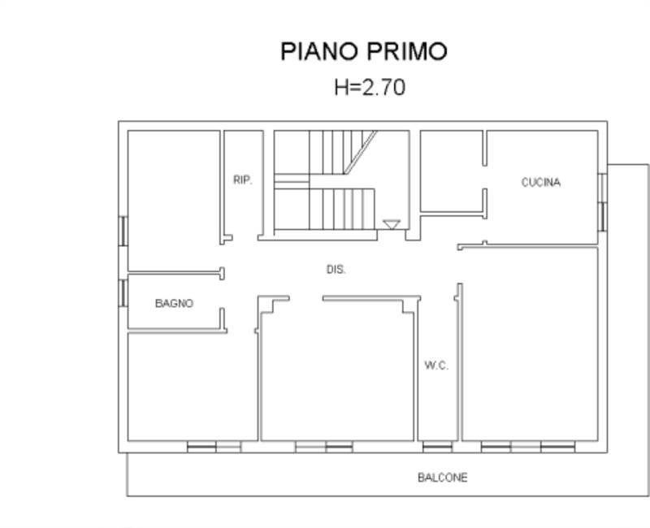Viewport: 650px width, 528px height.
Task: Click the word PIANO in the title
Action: [x=318, y=51]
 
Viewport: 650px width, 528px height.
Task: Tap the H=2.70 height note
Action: [x=369, y=87]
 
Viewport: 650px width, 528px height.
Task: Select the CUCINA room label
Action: [x=540, y=182]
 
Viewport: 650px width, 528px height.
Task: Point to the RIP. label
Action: [x=242, y=180]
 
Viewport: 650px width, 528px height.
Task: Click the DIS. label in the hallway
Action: [x=336, y=269]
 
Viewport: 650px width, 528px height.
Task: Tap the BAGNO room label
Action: [x=174, y=303]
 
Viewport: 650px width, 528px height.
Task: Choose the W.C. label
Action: [x=436, y=366]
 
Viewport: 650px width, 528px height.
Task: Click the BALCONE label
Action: [x=442, y=478]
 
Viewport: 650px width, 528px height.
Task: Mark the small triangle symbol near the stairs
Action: [x=391, y=224]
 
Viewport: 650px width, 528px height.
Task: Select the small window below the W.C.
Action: [x=438, y=447]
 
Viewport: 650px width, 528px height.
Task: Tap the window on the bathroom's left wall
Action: [x=123, y=292]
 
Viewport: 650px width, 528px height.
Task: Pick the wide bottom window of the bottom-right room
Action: [x=527, y=447]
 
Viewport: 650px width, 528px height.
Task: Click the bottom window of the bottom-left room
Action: [x=214, y=447]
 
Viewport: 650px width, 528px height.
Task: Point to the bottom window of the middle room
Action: [x=323, y=447]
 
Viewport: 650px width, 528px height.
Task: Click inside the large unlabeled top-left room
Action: [x=172, y=195]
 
